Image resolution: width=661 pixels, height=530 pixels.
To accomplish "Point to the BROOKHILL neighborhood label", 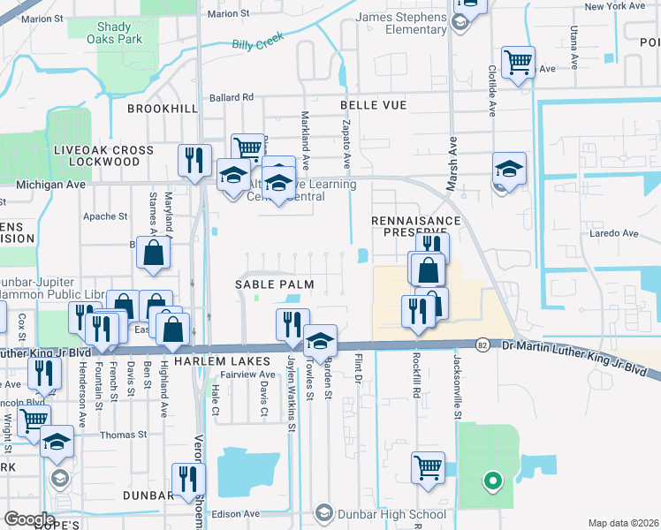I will coord(162,108).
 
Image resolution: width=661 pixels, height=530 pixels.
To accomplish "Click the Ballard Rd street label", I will coord(231,97).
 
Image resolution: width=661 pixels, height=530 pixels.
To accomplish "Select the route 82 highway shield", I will coord(482,344).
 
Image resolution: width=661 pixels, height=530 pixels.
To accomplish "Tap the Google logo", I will coord(29,519).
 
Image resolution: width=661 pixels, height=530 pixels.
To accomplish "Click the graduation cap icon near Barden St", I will coord(320,339).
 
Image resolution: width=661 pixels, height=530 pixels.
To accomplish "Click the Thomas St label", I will coord(123,435).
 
